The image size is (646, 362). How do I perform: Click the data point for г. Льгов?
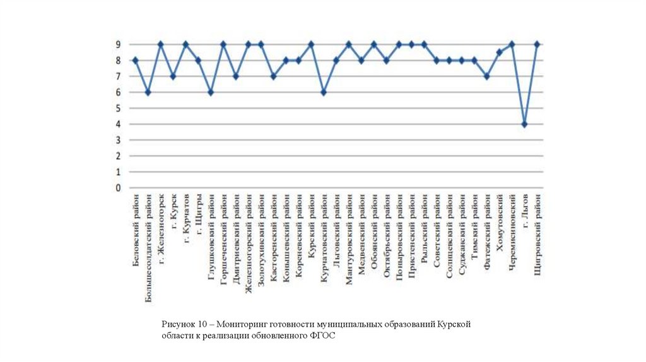pyautogui.click(x=524, y=124)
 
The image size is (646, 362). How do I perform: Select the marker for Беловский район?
pyautogui.click(x=135, y=61)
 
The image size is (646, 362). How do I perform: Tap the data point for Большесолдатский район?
pyautogui.click(x=148, y=92)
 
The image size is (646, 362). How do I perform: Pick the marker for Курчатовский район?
pyautogui.click(x=324, y=92)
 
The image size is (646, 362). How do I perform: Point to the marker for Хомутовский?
pyautogui.click(x=499, y=52)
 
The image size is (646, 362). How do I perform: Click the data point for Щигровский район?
pyautogui.click(x=537, y=44)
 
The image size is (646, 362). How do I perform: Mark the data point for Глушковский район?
pyautogui.click(x=211, y=92)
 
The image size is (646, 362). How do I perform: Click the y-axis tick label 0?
pyautogui.click(x=117, y=188)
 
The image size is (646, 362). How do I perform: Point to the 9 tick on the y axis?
pyautogui.click(x=117, y=44)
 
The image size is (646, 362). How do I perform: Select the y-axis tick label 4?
pyautogui.click(x=117, y=124)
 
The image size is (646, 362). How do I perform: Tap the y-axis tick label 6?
pyautogui.click(x=117, y=92)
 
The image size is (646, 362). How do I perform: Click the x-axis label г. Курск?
pyautogui.click(x=173, y=213)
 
